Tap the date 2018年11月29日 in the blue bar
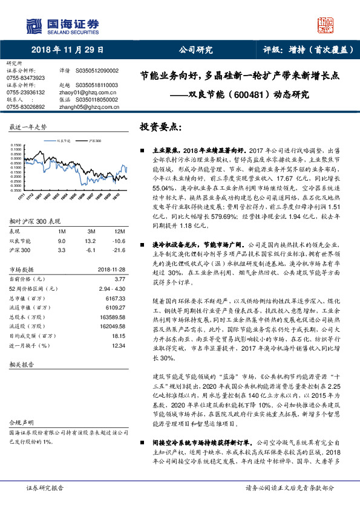click(x=68, y=50)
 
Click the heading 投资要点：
click(x=160, y=128)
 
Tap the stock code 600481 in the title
click(x=244, y=95)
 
